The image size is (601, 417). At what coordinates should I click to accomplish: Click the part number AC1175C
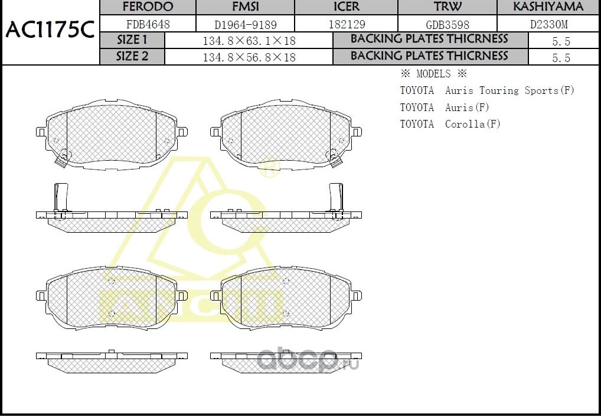click(x=50, y=30)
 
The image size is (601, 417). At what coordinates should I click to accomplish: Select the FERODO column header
click(x=147, y=7)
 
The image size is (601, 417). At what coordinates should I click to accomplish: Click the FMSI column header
click(x=245, y=7)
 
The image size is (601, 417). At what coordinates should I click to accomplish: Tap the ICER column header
click(x=347, y=7)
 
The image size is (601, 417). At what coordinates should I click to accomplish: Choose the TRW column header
click(x=448, y=7)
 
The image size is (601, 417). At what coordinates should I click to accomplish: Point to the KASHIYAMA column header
click(x=548, y=7)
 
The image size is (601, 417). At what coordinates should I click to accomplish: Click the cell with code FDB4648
click(x=147, y=24)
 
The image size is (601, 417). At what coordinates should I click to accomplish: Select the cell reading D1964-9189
click(x=245, y=24)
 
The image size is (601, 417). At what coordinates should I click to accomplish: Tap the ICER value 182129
click(x=347, y=24)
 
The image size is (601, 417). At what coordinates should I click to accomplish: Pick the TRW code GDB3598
click(x=448, y=24)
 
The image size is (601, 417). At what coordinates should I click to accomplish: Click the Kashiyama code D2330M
click(x=548, y=24)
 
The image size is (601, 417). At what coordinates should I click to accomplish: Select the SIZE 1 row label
click(x=132, y=40)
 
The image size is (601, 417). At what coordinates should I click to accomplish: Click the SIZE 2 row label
click(x=132, y=57)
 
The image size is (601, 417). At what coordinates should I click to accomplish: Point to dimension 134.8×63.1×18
click(x=249, y=41)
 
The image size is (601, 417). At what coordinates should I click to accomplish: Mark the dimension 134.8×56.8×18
click(x=249, y=57)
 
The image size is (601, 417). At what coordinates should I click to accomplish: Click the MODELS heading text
click(x=433, y=74)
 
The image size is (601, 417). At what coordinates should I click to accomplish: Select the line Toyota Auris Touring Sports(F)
click(x=487, y=90)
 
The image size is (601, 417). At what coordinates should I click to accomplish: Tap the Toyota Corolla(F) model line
click(x=450, y=124)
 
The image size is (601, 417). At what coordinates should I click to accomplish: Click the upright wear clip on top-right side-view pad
click(x=335, y=197)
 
